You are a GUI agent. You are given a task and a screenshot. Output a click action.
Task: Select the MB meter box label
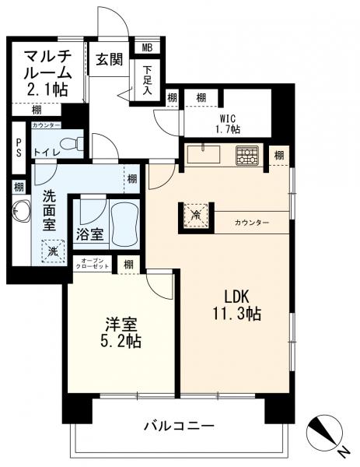147,47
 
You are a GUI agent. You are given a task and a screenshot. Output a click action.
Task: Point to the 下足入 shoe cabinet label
147,81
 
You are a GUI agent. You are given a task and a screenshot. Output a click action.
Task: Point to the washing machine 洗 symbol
53,251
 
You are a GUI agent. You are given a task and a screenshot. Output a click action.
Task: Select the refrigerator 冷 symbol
196,214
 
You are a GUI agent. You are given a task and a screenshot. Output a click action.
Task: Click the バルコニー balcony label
180,427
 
